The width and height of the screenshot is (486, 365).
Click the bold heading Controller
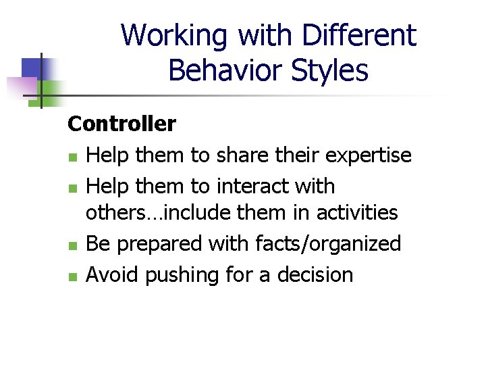pyautogui.click(x=122, y=124)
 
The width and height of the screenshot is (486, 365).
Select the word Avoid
pyautogui.click(x=111, y=274)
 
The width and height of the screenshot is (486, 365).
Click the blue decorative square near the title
pyautogui.click(x=32, y=68)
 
